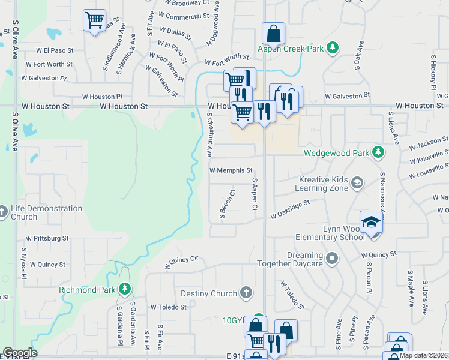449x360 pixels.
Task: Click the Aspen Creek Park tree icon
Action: (332, 48)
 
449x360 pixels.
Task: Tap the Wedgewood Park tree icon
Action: (378, 152)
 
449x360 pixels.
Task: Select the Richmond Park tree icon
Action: (124, 290)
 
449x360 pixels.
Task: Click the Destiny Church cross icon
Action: (245, 293)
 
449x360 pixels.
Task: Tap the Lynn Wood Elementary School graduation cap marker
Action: (372, 223)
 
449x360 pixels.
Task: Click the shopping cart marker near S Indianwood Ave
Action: (94, 20)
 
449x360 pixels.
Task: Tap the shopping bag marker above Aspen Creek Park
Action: (273, 34)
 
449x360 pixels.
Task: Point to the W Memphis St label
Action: (235, 170)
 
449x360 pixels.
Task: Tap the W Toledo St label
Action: (169, 307)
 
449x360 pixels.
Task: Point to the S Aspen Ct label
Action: (255, 194)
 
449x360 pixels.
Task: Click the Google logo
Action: (20, 353)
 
